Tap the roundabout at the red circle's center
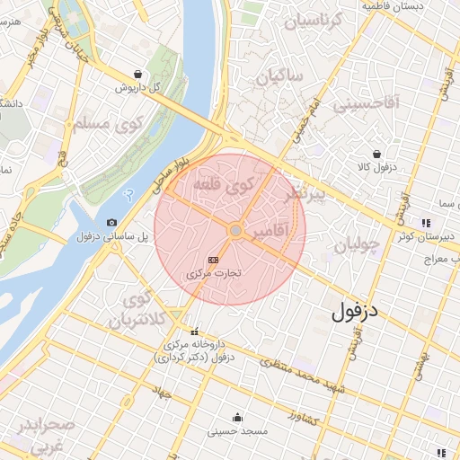click(x=234, y=231)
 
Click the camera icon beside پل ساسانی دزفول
click(x=111, y=222)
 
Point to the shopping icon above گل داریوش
click(x=137, y=75)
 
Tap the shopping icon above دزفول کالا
click(x=376, y=154)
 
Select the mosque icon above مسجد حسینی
click(x=237, y=417)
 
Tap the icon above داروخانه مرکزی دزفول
click(x=196, y=332)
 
